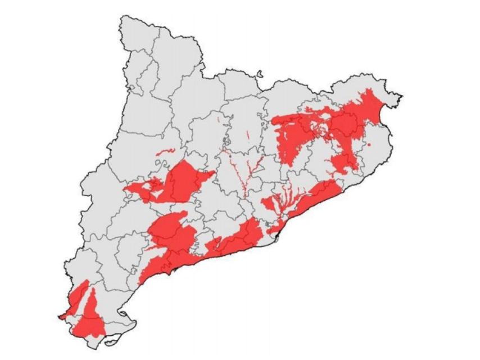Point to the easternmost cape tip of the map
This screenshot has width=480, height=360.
click(401, 94)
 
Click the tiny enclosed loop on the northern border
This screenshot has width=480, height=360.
click(260, 73)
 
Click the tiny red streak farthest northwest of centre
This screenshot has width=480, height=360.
click(218, 119)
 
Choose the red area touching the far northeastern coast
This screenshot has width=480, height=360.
click(369, 104)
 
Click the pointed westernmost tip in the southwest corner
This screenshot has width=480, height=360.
click(60, 317)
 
